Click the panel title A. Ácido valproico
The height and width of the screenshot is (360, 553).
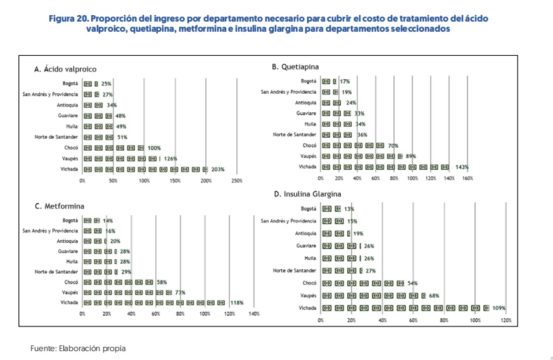click(65, 69)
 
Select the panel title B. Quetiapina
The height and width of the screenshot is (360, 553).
click(295, 67)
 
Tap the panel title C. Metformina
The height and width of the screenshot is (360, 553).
click(60, 206)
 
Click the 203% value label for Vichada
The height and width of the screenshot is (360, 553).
click(217, 169)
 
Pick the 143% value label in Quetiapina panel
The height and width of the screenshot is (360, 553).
click(462, 167)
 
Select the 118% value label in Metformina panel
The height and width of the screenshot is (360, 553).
click(236, 303)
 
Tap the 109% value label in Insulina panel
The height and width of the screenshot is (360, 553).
click(499, 308)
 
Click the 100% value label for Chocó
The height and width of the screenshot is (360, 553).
click(154, 148)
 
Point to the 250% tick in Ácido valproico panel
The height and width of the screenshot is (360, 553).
click(236, 181)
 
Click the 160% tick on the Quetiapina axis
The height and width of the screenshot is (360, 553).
click(467, 179)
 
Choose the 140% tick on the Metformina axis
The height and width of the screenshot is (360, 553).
click(254, 314)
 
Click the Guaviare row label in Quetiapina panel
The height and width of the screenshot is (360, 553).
click(306, 113)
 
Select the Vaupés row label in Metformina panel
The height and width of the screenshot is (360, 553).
click(70, 292)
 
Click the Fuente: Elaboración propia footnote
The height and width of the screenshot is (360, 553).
click(78, 348)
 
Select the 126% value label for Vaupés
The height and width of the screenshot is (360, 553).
click(170, 158)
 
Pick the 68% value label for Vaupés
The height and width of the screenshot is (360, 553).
click(434, 295)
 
